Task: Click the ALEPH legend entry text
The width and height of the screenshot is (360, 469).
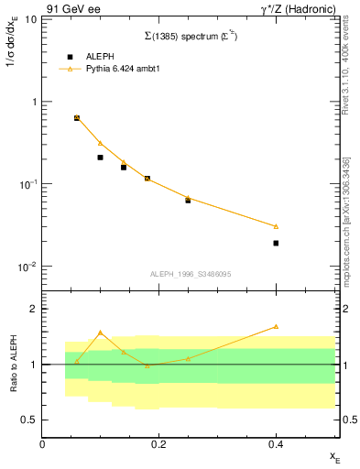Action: point(101,56)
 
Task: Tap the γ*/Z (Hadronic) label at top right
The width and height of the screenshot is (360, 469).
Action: point(297,8)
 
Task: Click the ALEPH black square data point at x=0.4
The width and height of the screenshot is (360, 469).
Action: point(276,243)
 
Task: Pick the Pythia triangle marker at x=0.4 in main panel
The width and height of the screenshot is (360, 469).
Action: point(276,226)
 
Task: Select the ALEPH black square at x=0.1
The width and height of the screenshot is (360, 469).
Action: point(101,158)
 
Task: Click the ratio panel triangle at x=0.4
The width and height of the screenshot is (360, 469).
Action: point(276,326)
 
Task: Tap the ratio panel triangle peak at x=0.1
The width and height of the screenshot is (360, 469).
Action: point(101,333)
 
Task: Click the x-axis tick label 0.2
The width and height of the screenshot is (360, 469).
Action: point(158,443)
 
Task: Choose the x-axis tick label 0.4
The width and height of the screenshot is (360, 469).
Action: point(276,443)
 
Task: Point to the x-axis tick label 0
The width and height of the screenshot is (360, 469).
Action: point(42,443)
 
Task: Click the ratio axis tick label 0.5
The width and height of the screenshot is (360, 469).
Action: point(30,420)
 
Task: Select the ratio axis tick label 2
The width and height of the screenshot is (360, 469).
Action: point(33,310)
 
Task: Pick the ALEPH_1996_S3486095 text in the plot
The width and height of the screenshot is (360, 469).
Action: point(190,274)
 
